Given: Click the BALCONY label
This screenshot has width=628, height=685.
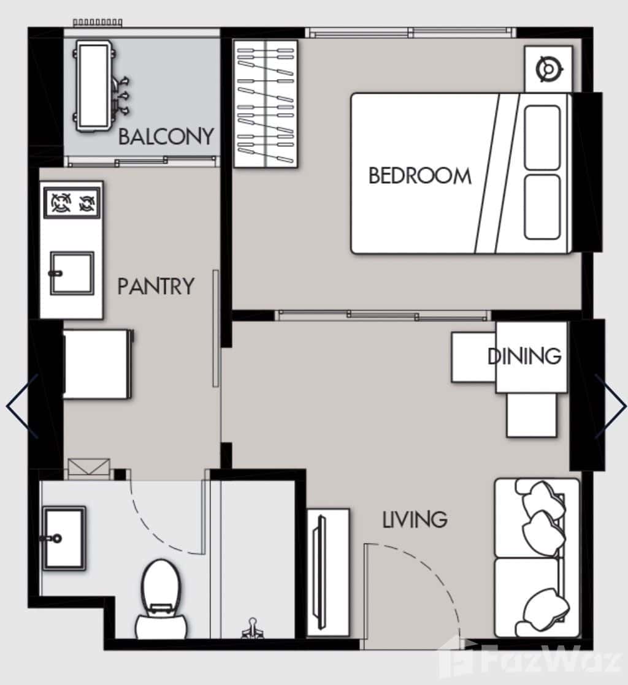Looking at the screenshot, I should point(166,136).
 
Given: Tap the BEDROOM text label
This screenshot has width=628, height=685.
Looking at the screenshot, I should point(420,176).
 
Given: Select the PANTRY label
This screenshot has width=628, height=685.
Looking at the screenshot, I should point(156,286).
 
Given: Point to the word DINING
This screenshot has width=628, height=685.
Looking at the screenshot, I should point(524,355).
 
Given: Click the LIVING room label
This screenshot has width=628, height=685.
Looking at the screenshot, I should point(415,520).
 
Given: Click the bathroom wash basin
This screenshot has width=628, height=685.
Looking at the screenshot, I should point(63,538).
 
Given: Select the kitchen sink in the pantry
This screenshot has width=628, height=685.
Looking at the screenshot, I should point(72,273).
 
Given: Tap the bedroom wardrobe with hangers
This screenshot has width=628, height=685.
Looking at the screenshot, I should point(266,103).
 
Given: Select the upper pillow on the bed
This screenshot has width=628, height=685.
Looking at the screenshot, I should point(542,137).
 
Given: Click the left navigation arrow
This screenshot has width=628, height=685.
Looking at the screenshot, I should point(23,406).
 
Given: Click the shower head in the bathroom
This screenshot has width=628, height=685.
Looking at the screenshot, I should point(251,627).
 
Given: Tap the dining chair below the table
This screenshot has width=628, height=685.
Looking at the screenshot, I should point(531,415).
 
